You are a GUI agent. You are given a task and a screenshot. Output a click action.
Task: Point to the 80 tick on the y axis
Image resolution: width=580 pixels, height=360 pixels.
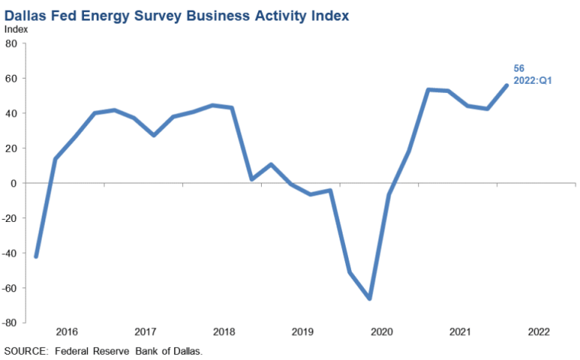(x=12, y=43)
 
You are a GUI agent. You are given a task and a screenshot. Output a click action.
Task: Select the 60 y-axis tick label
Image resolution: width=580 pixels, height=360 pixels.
(x=12, y=79)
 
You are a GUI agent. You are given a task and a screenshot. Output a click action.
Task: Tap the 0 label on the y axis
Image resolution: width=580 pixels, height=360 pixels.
(x=14, y=183)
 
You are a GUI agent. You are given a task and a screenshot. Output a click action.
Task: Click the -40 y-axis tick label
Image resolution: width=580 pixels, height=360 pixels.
(x=11, y=253)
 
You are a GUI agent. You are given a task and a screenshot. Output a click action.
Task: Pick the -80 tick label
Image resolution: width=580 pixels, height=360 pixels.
(x=11, y=323)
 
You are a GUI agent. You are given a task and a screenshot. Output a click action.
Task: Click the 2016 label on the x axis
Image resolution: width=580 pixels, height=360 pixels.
(x=66, y=332)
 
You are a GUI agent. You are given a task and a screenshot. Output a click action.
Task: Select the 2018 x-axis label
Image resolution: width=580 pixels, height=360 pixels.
(x=224, y=332)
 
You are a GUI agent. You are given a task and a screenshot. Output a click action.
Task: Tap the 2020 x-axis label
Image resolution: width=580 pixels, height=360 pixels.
(x=381, y=332)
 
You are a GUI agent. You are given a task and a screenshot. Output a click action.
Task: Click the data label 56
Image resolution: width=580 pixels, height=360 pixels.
(x=519, y=69)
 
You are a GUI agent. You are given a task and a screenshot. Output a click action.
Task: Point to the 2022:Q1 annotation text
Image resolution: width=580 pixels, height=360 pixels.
(x=532, y=80)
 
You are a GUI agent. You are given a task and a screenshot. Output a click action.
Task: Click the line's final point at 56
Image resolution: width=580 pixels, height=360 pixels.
(x=507, y=85)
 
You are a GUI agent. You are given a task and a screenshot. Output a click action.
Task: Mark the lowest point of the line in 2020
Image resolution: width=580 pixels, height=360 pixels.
(x=370, y=298)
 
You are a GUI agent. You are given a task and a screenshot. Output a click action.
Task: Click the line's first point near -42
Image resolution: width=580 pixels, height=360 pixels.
(x=36, y=256)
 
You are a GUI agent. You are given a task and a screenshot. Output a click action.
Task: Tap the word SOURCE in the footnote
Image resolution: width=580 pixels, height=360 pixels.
(x=26, y=352)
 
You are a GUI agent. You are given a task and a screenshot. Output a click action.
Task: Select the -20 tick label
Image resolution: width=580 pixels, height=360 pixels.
(x=11, y=218)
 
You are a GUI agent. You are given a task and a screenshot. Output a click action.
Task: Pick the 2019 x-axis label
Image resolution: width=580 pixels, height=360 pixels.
(x=302, y=332)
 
